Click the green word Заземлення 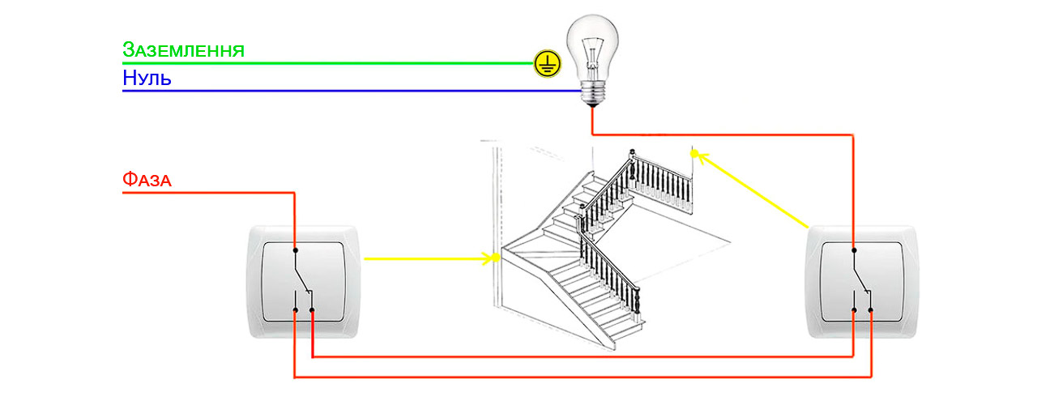point(183,50)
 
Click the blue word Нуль point(147,79)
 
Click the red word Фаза point(147,179)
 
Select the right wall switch point(863,281)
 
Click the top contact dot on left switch point(295,249)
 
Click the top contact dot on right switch point(853,250)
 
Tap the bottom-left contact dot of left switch point(295,309)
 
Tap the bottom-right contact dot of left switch point(313,309)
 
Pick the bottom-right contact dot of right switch point(871,309)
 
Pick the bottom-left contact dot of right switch point(853,309)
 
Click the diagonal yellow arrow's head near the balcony point(697,155)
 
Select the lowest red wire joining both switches point(583,377)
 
